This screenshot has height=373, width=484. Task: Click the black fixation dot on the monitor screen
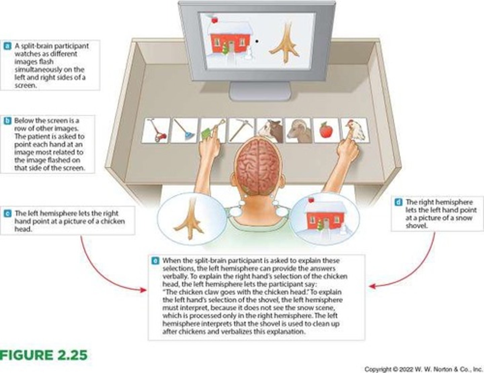pyautogui.click(x=257, y=41)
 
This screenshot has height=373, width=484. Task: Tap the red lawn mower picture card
pyautogui.click(x=156, y=131)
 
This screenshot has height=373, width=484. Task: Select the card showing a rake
pyautogui.click(x=185, y=131)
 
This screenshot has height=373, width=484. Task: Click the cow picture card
pyautogui.click(x=271, y=130)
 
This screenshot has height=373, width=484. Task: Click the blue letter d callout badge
pyautogui.click(x=398, y=202)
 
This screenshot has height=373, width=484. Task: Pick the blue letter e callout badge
pyautogui.click(x=155, y=261)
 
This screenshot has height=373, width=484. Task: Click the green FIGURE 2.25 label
pyautogui.click(x=44, y=355)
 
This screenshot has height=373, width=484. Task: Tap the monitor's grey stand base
pyautogui.click(x=260, y=91)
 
